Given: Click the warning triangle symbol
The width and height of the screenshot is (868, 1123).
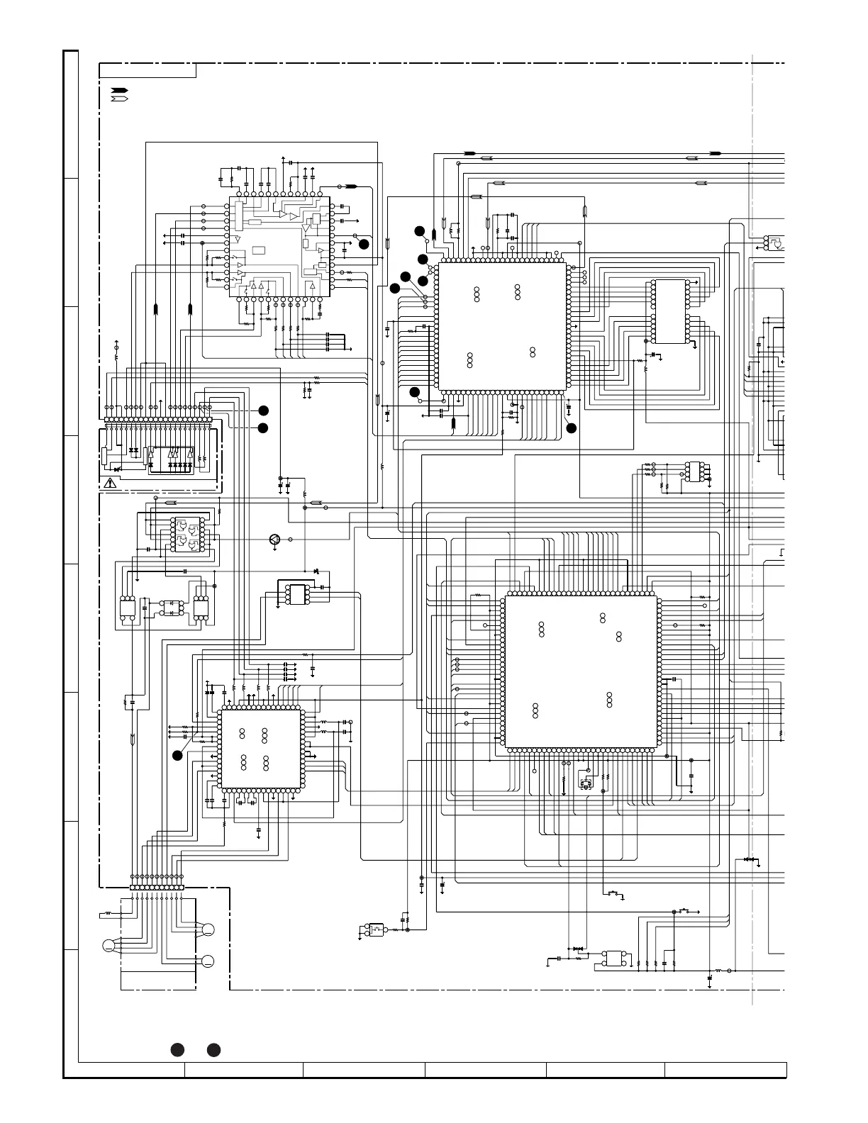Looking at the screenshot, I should (110, 484).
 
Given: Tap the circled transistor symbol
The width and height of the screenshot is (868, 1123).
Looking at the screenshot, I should (275, 540).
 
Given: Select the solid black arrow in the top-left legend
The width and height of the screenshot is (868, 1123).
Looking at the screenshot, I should (118, 91).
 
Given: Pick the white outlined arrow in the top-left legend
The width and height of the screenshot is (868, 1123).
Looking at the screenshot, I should (118, 98).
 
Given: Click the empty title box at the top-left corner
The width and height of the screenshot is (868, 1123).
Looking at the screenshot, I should (148, 70).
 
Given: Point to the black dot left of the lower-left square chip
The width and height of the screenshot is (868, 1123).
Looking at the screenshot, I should (177, 756).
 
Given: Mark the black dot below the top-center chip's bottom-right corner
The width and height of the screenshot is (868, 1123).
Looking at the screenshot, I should (572, 428).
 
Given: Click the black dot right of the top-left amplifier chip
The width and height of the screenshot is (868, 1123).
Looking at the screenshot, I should (364, 244).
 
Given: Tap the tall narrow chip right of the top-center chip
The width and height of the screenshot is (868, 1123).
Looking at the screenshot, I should (670, 312).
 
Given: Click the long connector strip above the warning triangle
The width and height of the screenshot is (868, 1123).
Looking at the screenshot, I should (158, 420).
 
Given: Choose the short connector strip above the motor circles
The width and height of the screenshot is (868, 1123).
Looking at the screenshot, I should (157, 888).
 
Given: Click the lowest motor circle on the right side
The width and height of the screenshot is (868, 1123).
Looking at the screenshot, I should (208, 961).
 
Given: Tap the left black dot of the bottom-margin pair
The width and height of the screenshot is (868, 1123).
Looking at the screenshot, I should (177, 1050).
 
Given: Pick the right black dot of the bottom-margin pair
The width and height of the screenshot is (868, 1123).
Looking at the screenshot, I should (213, 1050).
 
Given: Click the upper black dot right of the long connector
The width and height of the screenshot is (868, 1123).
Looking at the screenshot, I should (263, 410).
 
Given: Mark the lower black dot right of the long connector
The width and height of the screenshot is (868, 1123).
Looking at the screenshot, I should (263, 428).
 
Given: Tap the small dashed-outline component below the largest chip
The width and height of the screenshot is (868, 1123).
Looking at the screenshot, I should (586, 784).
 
